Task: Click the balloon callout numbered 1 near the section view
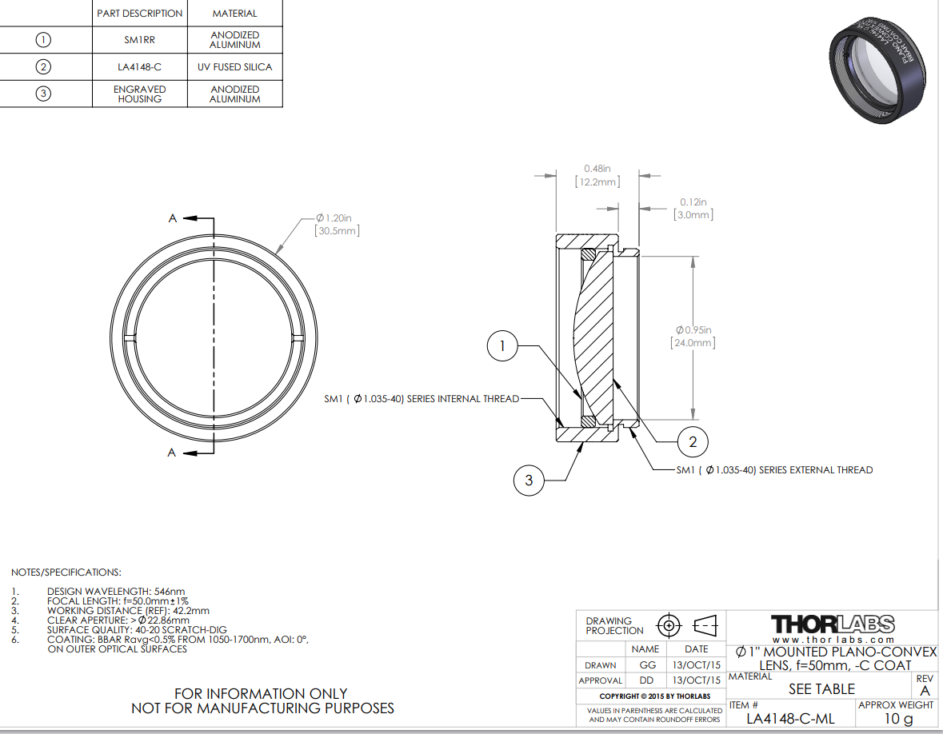502,345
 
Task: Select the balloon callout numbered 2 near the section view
692,442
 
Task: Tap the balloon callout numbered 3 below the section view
529,480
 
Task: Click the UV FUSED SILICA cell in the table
234,66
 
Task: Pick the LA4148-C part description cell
139,66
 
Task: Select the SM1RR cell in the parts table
139,40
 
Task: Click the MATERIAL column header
234,14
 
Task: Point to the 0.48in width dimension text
597,169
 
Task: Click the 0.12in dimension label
693,202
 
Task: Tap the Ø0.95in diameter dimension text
693,330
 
